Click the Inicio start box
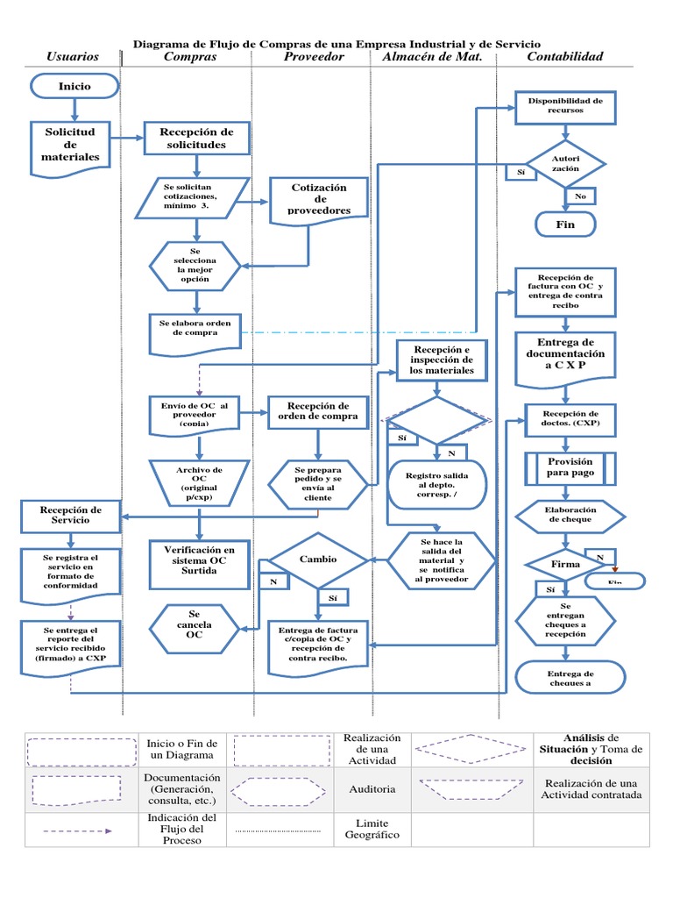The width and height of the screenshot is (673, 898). (x=74, y=86)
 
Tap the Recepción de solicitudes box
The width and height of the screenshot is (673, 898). (x=198, y=138)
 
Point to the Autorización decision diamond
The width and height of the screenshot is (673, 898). (x=565, y=164)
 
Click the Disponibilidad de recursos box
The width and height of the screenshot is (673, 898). (x=565, y=107)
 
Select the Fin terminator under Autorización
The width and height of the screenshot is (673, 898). (x=565, y=224)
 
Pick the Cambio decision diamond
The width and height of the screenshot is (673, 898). (x=317, y=559)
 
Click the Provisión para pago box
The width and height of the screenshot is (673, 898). (x=570, y=467)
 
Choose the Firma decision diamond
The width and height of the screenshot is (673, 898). (x=565, y=564)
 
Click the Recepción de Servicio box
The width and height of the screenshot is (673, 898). (x=72, y=515)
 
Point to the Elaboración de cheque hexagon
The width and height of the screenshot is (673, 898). (x=570, y=515)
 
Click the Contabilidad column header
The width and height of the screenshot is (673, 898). (x=564, y=57)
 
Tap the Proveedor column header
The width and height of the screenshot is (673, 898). (x=314, y=57)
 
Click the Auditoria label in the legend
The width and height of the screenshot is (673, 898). (x=372, y=789)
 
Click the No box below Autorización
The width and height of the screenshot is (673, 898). (x=580, y=196)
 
